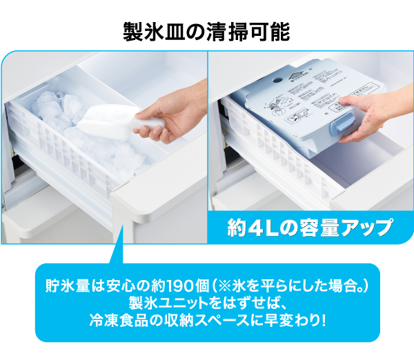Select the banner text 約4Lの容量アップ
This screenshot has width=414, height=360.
[x=310, y=228]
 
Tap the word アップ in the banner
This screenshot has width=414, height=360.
[x=369, y=228]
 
